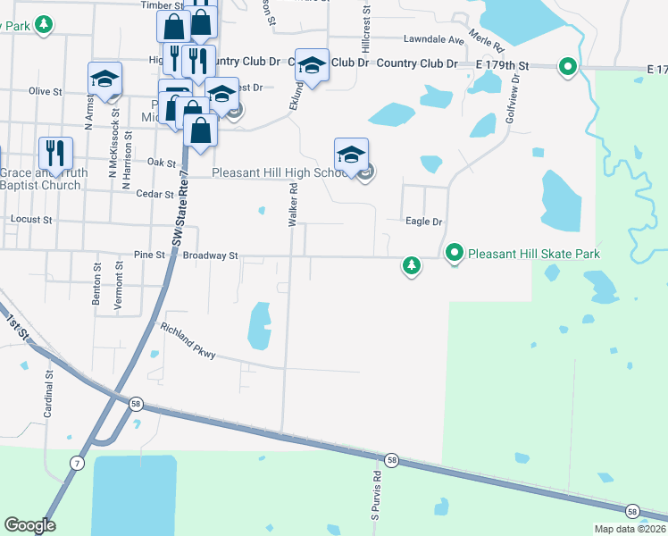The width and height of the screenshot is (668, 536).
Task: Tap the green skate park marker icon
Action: (x=455, y=255)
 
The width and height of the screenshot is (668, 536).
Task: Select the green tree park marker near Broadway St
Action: (x=411, y=265)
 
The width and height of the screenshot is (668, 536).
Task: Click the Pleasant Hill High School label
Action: (x=279, y=172)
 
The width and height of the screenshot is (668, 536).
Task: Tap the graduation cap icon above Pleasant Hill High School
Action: (x=352, y=154)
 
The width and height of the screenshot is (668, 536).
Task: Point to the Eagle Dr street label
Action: (x=424, y=222)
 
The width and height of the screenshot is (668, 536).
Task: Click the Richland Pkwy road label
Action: (x=188, y=341)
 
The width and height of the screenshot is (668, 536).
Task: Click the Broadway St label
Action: (x=210, y=255)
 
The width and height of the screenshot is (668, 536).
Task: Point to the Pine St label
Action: (x=149, y=255)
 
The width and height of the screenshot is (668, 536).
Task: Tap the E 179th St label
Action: (x=503, y=65)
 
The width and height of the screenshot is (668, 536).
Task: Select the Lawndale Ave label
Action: (x=434, y=40)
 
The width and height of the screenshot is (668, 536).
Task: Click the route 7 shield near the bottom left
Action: (x=78, y=463)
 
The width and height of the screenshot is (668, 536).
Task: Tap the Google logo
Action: (x=29, y=525)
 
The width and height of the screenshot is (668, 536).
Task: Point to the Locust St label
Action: (x=31, y=219)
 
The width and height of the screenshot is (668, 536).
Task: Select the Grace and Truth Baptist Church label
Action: (x=40, y=179)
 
